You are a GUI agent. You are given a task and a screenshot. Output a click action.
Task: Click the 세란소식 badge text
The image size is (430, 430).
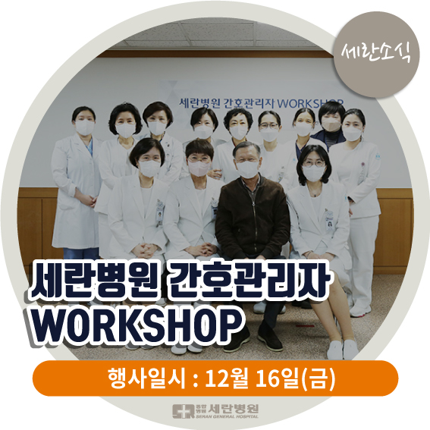coord(376,54)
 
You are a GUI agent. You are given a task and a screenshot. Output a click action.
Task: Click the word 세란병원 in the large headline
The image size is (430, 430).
coord(95,282)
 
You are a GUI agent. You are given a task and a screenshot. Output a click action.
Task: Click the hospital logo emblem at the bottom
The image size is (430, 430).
coord(184,411)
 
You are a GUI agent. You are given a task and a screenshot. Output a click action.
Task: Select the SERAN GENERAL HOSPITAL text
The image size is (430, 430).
coord(228,416)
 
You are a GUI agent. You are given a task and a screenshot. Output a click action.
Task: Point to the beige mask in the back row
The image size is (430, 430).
coord(331,125)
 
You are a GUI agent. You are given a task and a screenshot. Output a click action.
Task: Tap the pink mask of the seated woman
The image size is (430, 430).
coord(199,168)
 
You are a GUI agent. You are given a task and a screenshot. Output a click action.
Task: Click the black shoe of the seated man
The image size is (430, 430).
coord(270,340)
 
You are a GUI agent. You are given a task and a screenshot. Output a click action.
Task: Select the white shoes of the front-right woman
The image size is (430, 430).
coord(342,350)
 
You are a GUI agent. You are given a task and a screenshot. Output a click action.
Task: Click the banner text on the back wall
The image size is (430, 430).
coord(261,103)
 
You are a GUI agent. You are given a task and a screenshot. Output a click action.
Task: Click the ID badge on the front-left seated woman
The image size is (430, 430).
coord(159,214)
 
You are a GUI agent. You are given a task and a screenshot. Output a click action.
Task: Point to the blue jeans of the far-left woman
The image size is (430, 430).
coord(81,253)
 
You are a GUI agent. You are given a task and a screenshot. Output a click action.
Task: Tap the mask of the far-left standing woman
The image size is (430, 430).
coord(85,127)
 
